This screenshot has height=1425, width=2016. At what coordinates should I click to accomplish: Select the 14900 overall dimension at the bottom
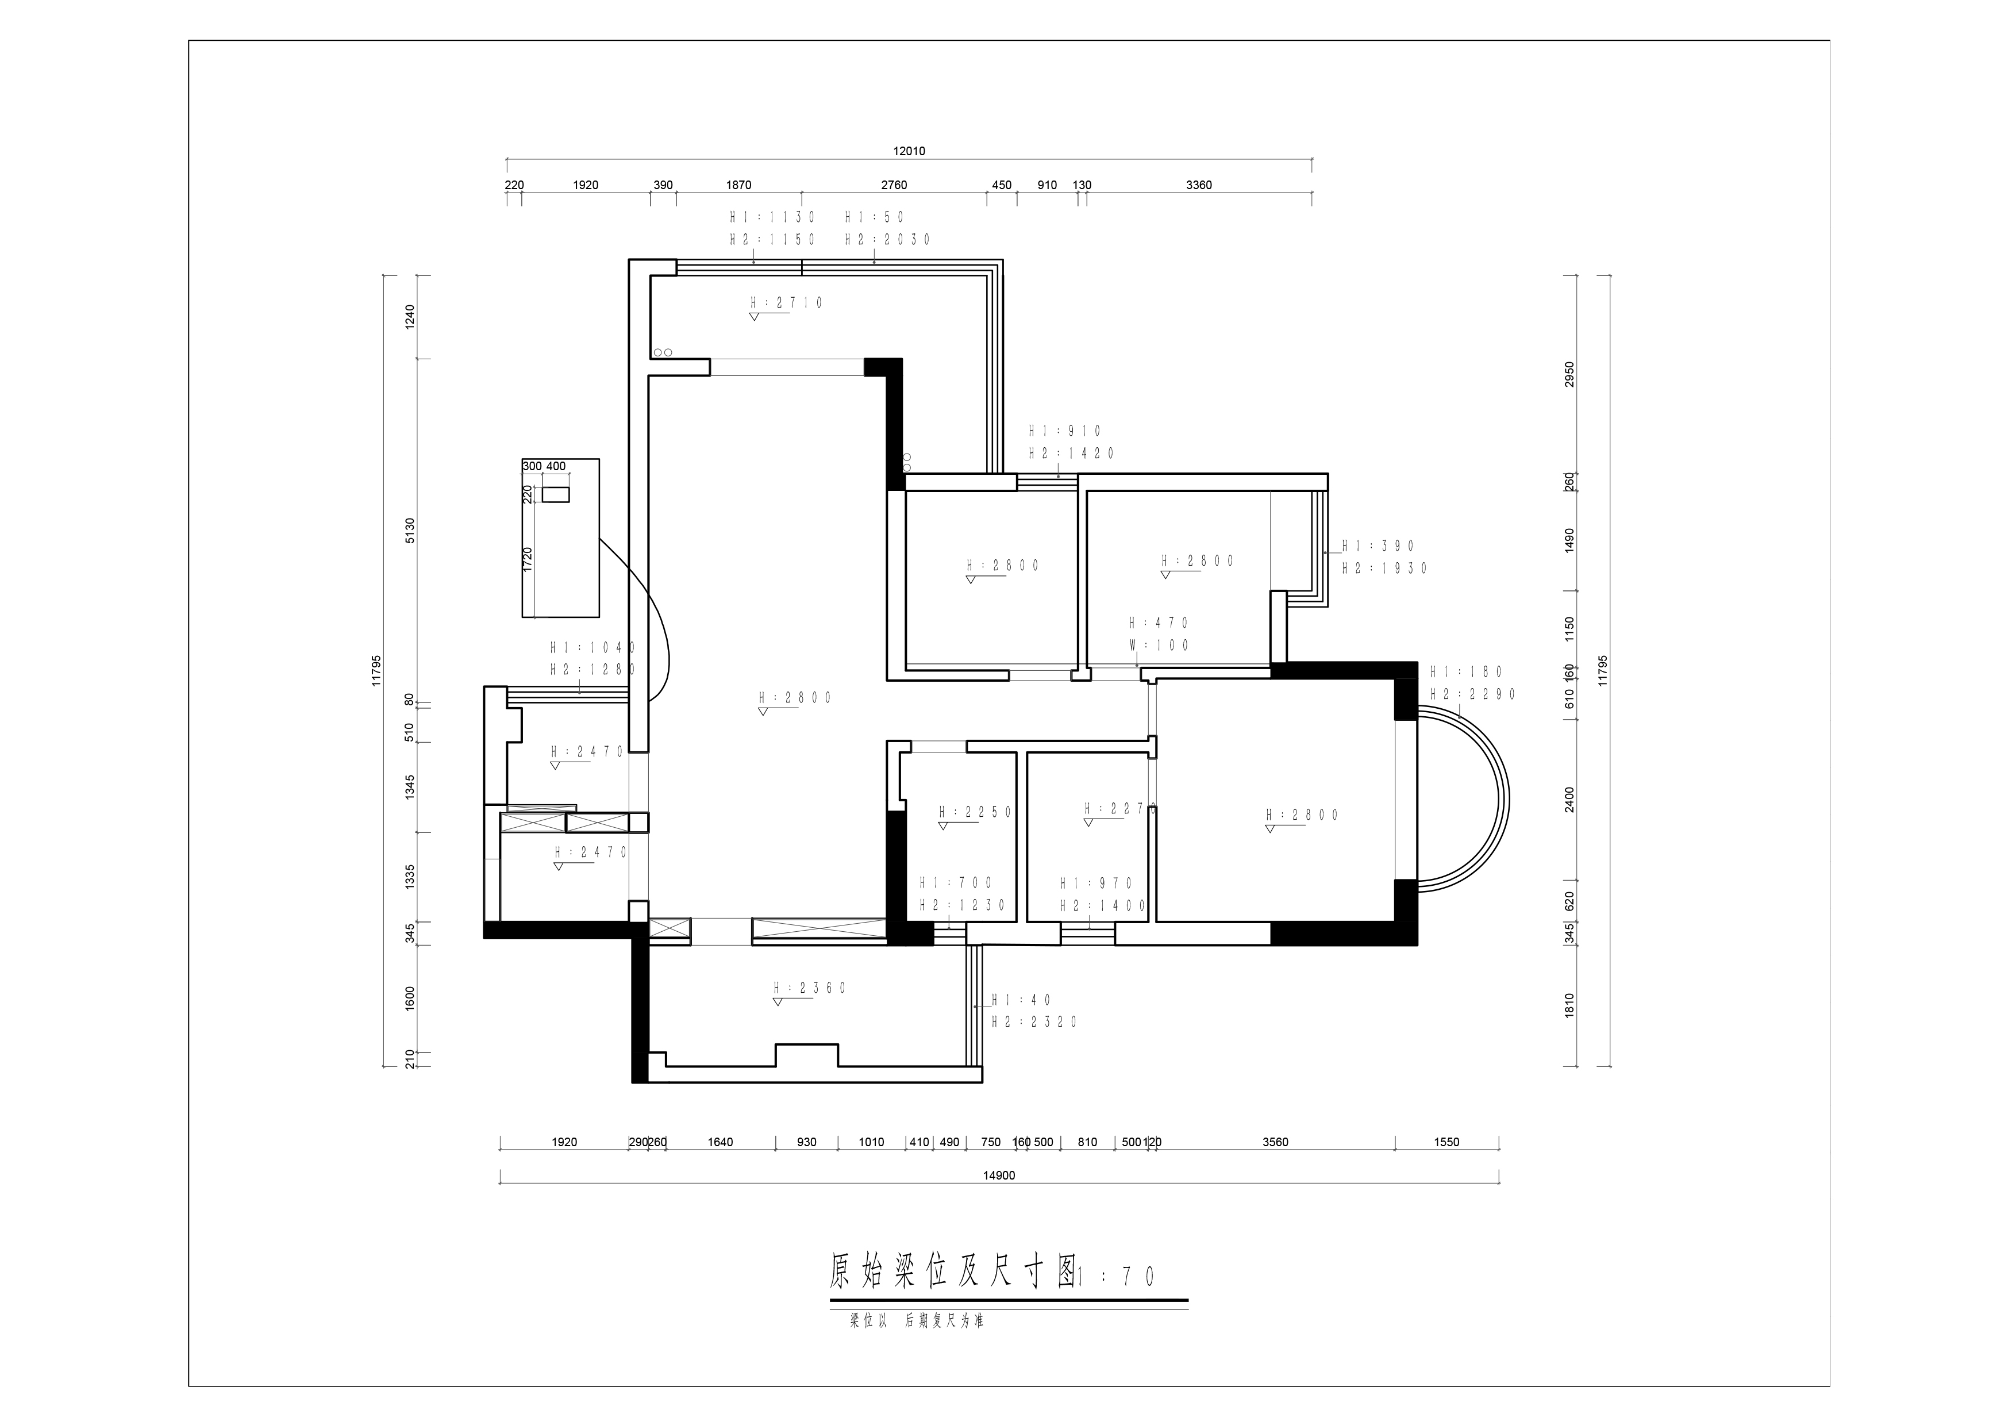coord(999,1176)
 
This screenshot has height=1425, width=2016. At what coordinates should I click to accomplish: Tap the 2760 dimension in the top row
coord(894,185)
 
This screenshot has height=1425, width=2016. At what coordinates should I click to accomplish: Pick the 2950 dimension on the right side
coord(1570,374)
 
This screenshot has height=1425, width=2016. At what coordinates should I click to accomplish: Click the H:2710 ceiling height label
coord(787,303)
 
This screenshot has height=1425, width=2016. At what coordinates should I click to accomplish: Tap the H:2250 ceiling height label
coord(975,812)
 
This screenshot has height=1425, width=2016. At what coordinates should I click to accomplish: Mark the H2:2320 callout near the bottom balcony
coord(1034,1022)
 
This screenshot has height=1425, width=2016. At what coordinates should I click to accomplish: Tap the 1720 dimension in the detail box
coord(528,559)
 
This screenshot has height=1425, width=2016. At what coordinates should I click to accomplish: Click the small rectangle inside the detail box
coord(556,494)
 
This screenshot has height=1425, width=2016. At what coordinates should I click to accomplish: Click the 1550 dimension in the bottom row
coord(1446,1142)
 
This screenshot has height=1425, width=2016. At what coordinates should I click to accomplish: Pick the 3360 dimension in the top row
coord(1199,185)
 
